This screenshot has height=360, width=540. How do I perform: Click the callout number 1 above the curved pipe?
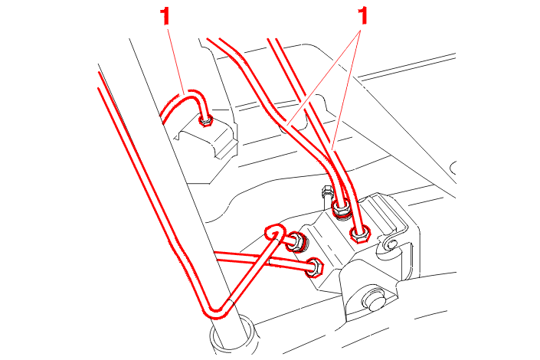tap(165, 17)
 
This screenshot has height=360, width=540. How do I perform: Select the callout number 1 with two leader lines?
tap(362, 16)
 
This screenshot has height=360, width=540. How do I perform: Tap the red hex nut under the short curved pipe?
tap(206, 121)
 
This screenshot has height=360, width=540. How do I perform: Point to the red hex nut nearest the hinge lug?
tap(360, 234)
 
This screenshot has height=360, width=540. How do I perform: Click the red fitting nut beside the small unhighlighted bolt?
tap(342, 208)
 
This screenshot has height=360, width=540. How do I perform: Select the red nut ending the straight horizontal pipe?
tap(315, 267)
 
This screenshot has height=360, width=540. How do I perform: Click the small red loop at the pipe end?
tap(275, 233)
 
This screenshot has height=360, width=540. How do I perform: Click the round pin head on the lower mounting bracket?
tap(374, 299)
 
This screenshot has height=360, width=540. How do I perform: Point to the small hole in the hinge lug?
tap(392, 245)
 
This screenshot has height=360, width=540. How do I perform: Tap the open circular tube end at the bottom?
tap(233, 335)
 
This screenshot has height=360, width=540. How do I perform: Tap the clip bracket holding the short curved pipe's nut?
tap(208, 138)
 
